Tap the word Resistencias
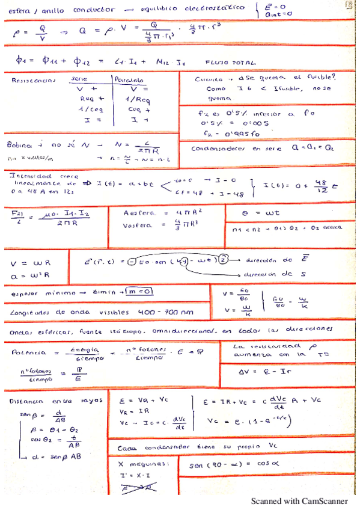coord(33,79)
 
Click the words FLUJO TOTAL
coord(225,61)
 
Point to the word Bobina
coord(20,145)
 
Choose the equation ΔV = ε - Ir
coord(265,372)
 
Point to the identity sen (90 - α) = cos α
coord(235,465)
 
